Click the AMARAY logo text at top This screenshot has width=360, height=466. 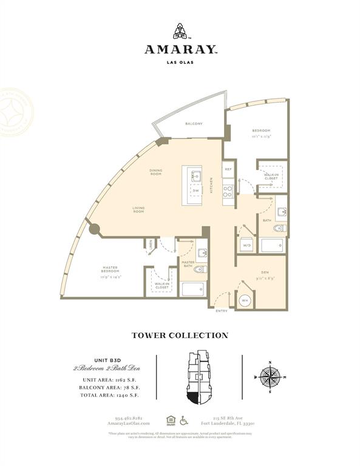click(180, 50)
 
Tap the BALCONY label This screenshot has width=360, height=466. click(194, 124)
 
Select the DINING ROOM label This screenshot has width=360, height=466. click(156, 172)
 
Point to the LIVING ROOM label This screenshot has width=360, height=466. click(138, 210)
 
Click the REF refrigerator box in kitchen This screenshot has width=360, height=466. click(228, 169)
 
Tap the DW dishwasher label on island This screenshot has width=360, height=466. click(195, 191)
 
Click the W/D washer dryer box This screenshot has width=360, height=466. click(246, 245)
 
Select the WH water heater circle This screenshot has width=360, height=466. click(245, 300)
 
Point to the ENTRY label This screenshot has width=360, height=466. click(222, 311)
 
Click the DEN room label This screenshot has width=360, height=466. click(265, 272)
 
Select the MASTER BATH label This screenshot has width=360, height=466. click(188, 264)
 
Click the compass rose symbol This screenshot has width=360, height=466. click(268, 377)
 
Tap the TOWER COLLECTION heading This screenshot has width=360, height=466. click(180, 336)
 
